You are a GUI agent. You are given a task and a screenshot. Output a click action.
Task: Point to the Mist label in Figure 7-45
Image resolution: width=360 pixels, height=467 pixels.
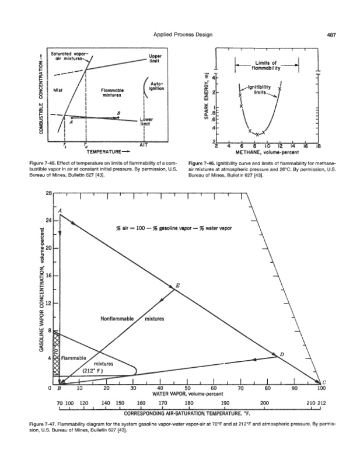58,90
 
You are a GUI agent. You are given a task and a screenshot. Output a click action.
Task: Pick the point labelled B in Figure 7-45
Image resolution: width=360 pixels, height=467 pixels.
119,114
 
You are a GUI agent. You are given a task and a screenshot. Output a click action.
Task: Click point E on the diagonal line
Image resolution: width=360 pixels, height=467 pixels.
178,285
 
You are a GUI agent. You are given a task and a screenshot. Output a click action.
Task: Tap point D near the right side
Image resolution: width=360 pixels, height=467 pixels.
282,354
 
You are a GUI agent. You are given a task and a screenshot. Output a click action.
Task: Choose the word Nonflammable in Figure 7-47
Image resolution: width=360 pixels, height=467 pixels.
118,319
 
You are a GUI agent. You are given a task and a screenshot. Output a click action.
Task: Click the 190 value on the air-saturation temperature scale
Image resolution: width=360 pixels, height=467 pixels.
225,403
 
